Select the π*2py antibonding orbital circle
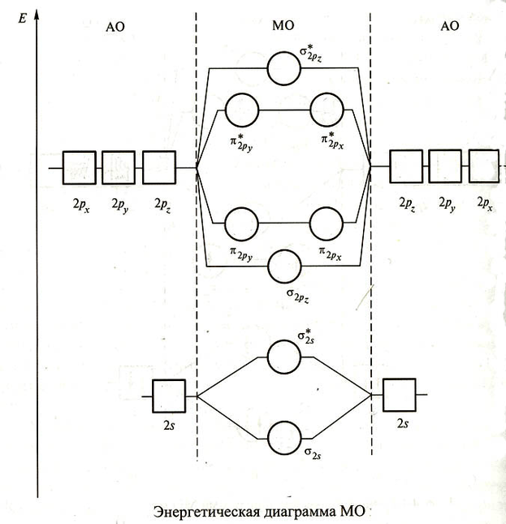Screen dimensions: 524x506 click(x=241, y=109)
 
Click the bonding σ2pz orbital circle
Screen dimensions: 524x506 click(x=284, y=266)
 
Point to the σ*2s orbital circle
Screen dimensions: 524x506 click(x=284, y=356)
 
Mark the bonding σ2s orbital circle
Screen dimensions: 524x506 click(x=284, y=438)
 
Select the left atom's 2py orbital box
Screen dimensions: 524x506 click(x=119, y=167)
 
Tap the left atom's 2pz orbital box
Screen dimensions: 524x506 click(x=159, y=167)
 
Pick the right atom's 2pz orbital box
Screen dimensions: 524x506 click(x=405, y=167)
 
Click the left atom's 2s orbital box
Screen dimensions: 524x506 click(x=169, y=396)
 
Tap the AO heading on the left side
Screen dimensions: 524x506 click(x=115, y=27)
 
